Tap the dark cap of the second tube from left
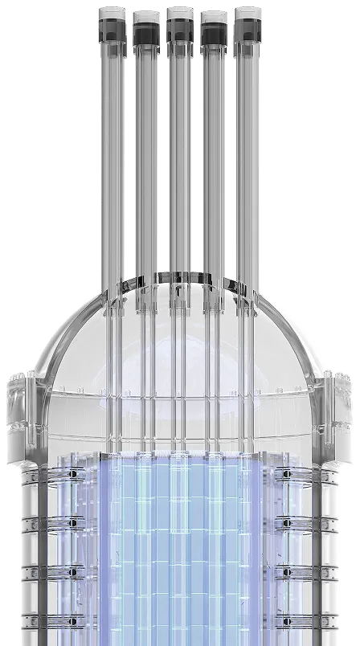[x=145, y=33]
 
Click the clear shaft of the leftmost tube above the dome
[x=110, y=161]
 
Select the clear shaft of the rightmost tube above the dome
[x=247, y=161]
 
